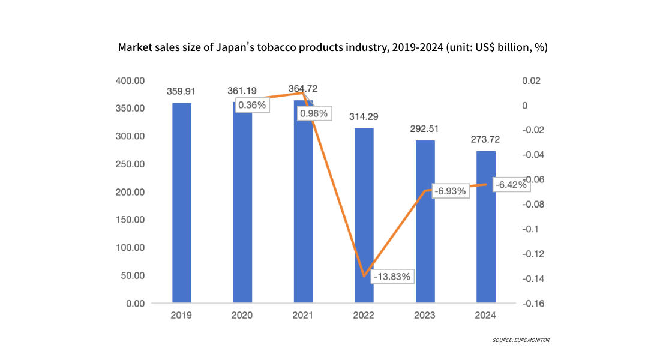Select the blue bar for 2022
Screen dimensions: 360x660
364,216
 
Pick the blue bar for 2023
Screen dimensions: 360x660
425,222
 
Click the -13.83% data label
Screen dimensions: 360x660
392,277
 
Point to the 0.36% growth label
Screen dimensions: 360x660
252,105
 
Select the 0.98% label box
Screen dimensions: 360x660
314,113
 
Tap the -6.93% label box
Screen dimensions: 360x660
450,191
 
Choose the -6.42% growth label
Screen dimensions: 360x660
511,185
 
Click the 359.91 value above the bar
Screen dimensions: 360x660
182,92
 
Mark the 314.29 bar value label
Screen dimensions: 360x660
364,117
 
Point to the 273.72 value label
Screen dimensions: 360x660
486,140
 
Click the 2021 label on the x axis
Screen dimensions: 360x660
303,315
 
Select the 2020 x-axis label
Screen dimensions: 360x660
242,315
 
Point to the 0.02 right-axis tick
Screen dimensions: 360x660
531,80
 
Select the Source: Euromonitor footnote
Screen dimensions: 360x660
521,340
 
